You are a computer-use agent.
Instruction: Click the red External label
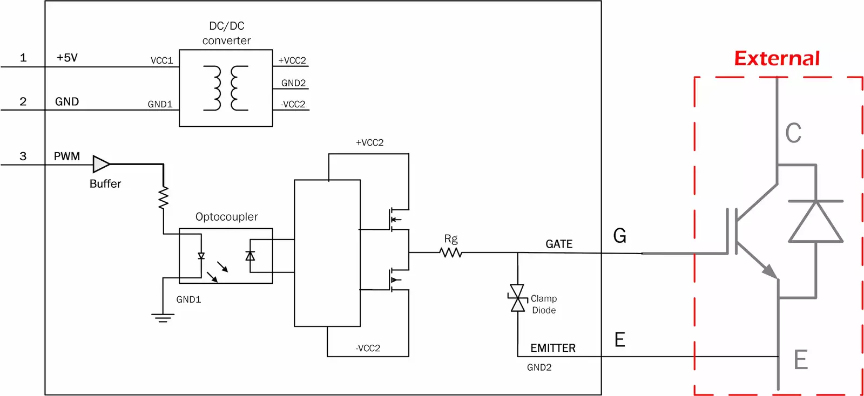[x=777, y=58]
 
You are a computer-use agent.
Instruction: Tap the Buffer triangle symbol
[x=100, y=164]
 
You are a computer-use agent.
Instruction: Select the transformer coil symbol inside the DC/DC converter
[x=226, y=88]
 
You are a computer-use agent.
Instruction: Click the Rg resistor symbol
[x=450, y=252]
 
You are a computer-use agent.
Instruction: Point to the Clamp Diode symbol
[x=517, y=298]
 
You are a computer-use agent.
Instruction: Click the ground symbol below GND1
[x=163, y=317]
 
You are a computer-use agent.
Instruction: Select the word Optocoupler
[x=226, y=217]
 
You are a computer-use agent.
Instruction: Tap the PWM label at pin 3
[x=67, y=156]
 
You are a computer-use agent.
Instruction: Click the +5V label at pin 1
[x=67, y=58]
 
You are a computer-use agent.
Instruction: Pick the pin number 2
[x=23, y=101]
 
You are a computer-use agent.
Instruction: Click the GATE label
[x=559, y=244]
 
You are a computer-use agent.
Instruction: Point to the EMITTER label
[x=552, y=348]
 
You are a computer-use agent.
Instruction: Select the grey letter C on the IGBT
[x=793, y=133]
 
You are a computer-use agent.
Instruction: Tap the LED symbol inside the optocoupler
[x=201, y=256]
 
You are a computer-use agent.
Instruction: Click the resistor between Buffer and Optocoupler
[x=163, y=197]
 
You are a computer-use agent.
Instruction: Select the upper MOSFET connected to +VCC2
[x=397, y=219]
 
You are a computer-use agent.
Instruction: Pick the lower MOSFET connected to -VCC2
[x=397, y=279]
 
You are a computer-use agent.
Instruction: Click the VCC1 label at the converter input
[x=161, y=60]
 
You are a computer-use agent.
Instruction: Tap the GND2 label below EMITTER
[x=539, y=367]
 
